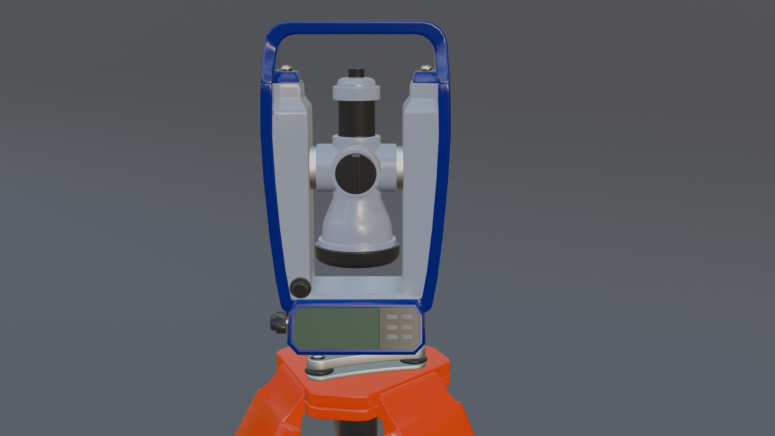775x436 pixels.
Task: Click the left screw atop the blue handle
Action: pyautogui.click(x=287, y=67)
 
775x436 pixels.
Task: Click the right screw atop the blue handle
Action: pyautogui.click(x=425, y=67)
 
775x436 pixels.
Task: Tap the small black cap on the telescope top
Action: pyautogui.click(x=356, y=73)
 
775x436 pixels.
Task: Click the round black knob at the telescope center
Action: pyautogui.click(x=356, y=174)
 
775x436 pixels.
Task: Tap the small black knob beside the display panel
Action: pyautogui.click(x=278, y=322)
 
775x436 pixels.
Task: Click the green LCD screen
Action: pyautogui.click(x=336, y=328)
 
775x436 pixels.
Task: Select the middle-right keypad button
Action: pyautogui.click(x=406, y=327)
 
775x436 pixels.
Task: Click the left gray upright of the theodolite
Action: pyautogui.click(x=291, y=161)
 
